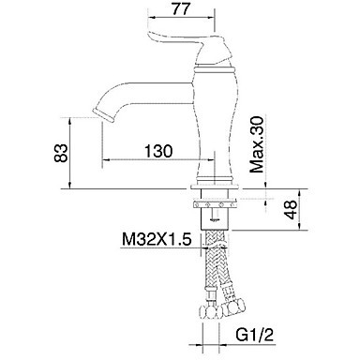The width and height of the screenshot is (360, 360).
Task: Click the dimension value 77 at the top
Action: point(181,8)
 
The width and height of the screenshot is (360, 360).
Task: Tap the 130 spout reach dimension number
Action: point(158,151)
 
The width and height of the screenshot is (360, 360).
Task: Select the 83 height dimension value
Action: point(61,153)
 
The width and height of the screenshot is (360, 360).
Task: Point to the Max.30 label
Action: point(258,144)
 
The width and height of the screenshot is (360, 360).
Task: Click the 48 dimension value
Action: point(291,209)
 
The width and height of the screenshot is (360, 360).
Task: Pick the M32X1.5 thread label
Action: point(157,240)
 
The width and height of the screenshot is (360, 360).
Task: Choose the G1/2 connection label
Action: point(255,335)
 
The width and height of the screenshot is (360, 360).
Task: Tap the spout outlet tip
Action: point(104,114)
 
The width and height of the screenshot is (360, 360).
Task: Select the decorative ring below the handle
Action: point(214,68)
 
